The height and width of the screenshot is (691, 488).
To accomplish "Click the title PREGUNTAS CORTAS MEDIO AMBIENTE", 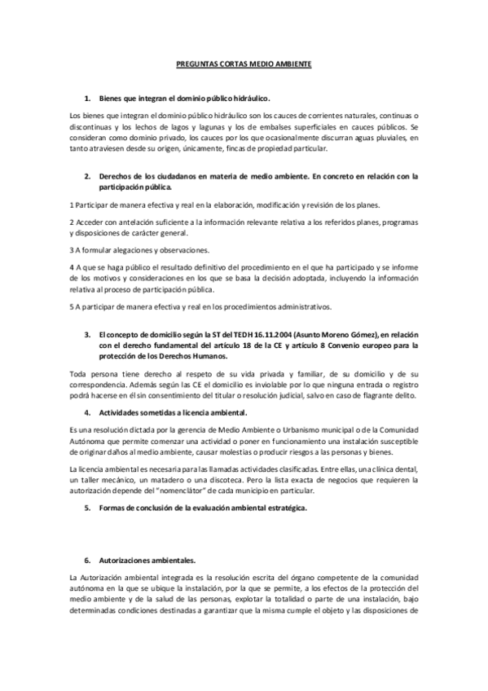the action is point(244,63).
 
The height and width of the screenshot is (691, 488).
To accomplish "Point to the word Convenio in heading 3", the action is point(321,345).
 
